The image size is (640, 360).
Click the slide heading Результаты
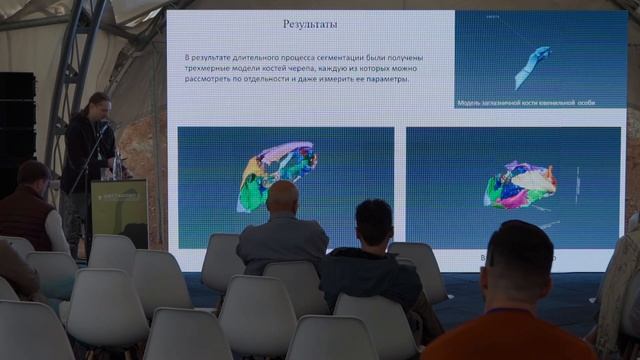click(310, 24)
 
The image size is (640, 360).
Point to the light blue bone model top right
click(532, 64)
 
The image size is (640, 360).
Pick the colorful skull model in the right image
click(519, 186)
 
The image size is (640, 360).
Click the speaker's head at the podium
click(98, 105)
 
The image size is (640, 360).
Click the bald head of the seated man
click(283, 197)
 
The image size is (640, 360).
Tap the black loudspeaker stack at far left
click(16, 130)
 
